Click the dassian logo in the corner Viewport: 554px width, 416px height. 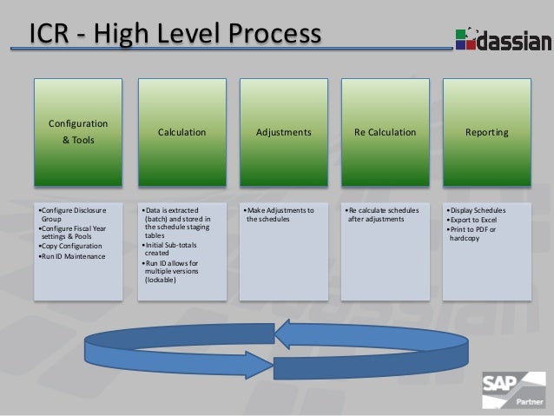(x=502, y=39)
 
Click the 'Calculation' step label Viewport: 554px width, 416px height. (x=181, y=133)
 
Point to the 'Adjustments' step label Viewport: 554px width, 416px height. (x=284, y=133)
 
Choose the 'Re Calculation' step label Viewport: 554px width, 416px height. (x=385, y=133)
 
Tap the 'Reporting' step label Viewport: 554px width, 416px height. (x=487, y=133)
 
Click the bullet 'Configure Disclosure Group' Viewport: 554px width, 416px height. (x=73, y=215)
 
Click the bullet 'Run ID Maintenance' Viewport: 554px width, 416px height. (x=72, y=256)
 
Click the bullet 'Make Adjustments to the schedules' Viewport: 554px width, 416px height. (x=280, y=215)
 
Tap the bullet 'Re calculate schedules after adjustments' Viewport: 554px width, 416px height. (x=382, y=215)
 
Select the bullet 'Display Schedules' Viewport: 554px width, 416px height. (x=477, y=210)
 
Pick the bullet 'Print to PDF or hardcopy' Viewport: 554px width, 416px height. (x=472, y=233)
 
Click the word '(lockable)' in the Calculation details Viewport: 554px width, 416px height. (x=160, y=281)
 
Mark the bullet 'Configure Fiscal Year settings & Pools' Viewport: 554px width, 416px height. (x=74, y=232)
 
